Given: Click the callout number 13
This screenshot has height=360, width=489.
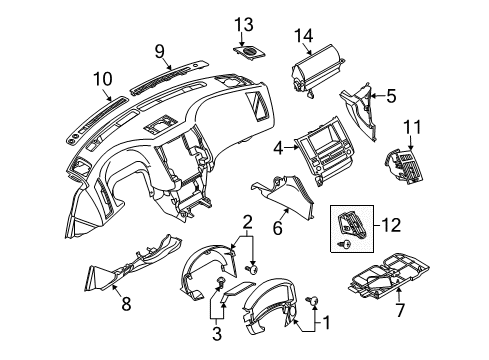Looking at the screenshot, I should tap(245, 24).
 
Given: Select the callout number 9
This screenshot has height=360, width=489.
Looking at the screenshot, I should tap(159, 50).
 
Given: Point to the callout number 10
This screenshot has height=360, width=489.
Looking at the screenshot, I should tap(104, 78).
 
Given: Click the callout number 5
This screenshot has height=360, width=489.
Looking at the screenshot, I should tap(391, 97).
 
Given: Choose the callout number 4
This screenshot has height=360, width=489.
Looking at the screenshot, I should tap(278, 147).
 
